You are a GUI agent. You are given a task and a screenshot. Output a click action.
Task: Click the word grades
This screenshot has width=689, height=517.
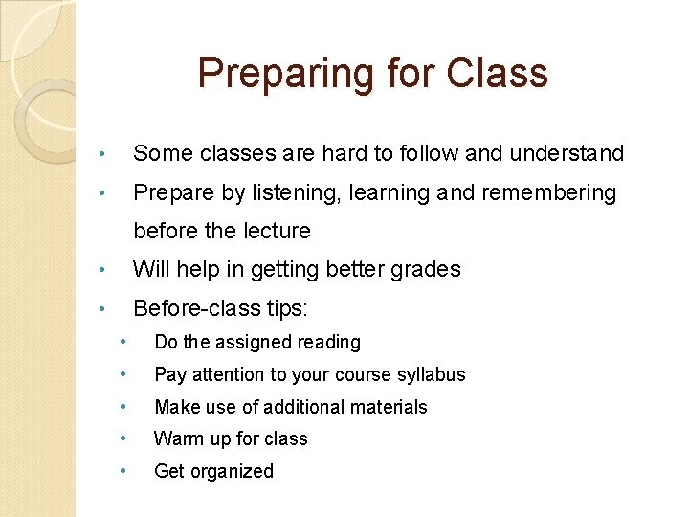(422, 269)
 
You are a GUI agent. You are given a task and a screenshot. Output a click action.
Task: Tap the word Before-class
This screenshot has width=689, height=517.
(188, 308)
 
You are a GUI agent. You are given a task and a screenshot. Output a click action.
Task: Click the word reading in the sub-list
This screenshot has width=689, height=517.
(329, 342)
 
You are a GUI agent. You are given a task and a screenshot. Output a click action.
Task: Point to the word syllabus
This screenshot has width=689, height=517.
(429, 374)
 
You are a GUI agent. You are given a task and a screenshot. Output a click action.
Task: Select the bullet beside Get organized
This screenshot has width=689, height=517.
(122, 471)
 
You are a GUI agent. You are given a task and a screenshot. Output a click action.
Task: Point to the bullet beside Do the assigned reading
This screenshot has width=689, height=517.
(122, 342)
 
